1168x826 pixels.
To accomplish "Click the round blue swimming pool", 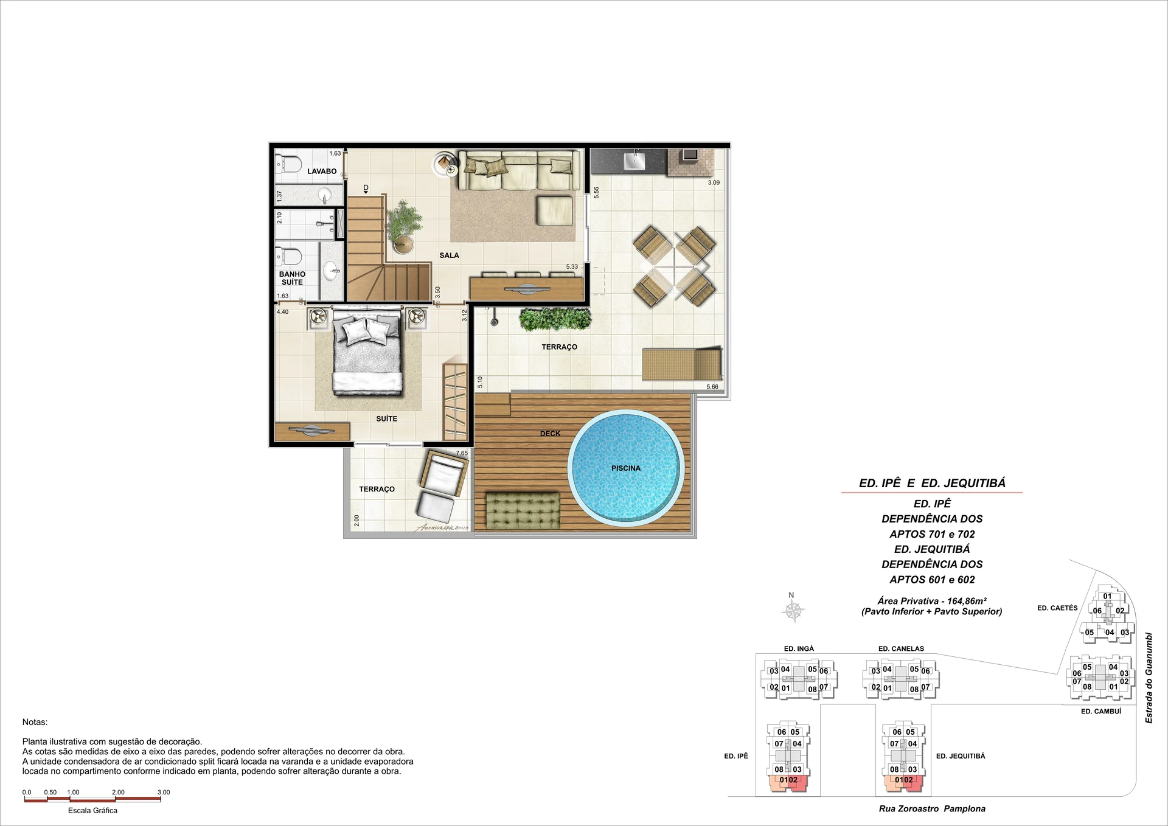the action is (x=626, y=468).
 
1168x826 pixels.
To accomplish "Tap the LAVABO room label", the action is (x=322, y=172).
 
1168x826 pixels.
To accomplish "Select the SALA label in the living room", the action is (x=449, y=255).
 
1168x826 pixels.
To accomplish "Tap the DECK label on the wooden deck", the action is (x=550, y=434).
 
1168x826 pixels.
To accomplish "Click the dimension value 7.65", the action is (x=462, y=453).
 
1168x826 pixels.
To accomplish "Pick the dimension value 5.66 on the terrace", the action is (x=712, y=387).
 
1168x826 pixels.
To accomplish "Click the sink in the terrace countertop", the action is (x=634, y=161).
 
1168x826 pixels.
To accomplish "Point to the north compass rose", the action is (x=793, y=610).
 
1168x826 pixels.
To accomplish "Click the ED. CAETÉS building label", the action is (x=1057, y=608).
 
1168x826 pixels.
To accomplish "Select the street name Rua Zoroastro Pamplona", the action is (x=932, y=809).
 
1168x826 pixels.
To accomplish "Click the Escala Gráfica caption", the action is (x=92, y=811).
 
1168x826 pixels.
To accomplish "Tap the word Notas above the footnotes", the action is (x=35, y=722).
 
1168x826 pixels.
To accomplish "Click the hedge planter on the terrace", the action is (x=555, y=319).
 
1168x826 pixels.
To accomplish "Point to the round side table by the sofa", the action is (x=447, y=164).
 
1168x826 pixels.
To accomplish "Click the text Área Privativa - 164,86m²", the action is (x=931, y=601).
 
